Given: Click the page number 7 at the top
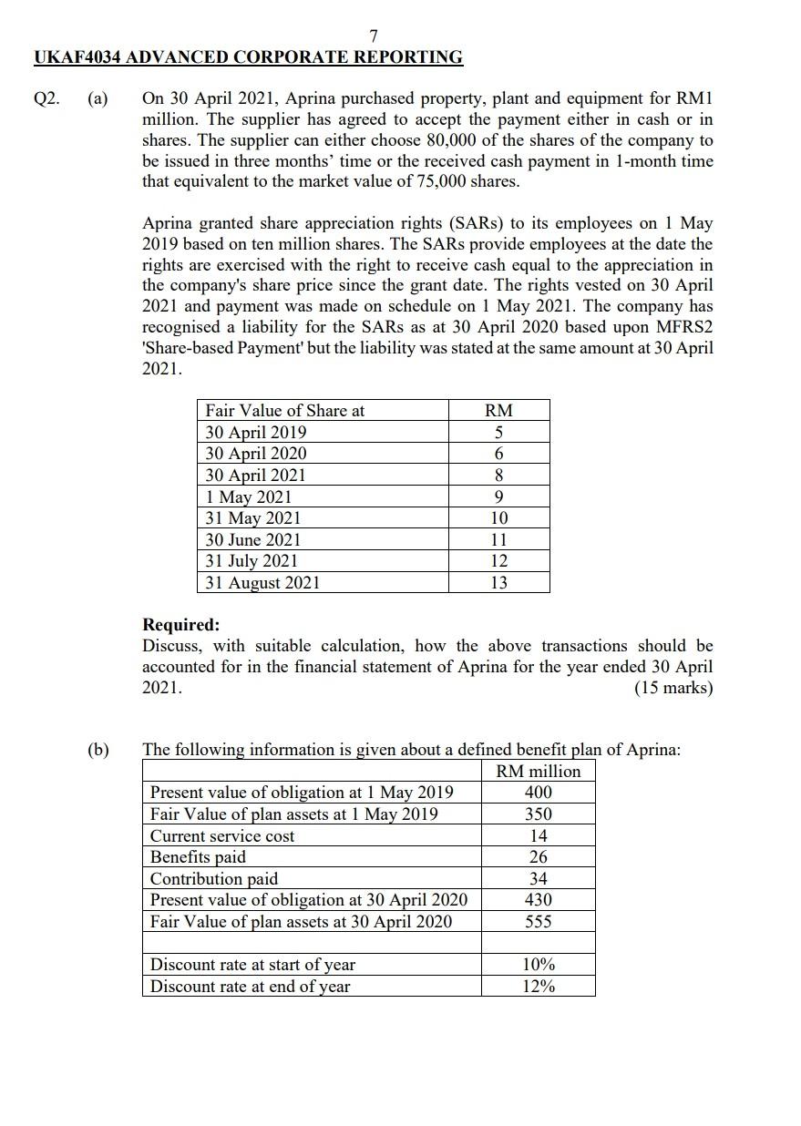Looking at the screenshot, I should pyautogui.click(x=374, y=36).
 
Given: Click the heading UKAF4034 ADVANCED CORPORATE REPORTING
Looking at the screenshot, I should pyautogui.click(x=248, y=57).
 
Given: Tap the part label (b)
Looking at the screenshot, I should pyautogui.click(x=98, y=750).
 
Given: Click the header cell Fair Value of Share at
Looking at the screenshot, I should pyautogui.click(x=284, y=411).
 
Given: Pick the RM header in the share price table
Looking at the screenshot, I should pyautogui.click(x=498, y=411).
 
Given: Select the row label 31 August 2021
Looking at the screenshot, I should pyautogui.click(x=262, y=583).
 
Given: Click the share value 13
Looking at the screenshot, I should pyautogui.click(x=498, y=583).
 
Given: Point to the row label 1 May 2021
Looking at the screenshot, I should pyautogui.click(x=249, y=496).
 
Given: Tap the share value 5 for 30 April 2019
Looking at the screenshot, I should pyautogui.click(x=498, y=432).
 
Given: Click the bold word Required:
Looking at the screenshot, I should pyautogui.click(x=180, y=625).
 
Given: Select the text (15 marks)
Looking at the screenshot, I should pyautogui.click(x=673, y=688).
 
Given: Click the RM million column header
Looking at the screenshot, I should pyautogui.click(x=538, y=771).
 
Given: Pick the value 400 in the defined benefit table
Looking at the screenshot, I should pyautogui.click(x=538, y=793).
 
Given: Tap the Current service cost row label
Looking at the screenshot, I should pyautogui.click(x=222, y=835).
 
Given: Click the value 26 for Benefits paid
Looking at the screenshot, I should pyautogui.click(x=538, y=857).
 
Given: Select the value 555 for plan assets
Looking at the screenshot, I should pyautogui.click(x=538, y=922).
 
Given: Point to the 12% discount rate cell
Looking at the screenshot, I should pyautogui.click(x=538, y=987).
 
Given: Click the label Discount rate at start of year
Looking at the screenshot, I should pyautogui.click(x=252, y=965).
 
